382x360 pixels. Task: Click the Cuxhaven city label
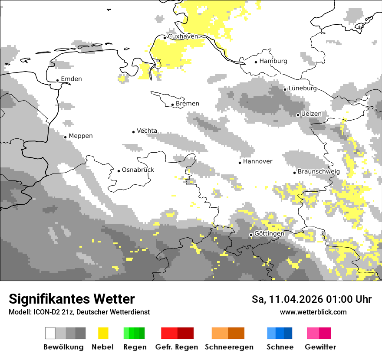(183, 36)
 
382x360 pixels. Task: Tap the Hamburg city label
(273, 61)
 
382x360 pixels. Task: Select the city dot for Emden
(57, 80)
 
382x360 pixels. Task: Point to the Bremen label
(188, 104)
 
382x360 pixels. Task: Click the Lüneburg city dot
(285, 89)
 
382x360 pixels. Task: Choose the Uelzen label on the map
(311, 114)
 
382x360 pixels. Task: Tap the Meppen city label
(81, 136)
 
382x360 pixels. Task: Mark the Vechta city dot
(133, 132)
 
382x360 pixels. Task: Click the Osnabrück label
(138, 170)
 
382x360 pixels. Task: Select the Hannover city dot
(240, 163)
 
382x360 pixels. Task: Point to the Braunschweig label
(319, 172)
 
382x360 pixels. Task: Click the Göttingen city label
(269, 234)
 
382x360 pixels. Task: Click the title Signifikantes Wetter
(72, 299)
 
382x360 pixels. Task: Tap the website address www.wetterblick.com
(313, 312)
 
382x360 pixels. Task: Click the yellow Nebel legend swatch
(103, 333)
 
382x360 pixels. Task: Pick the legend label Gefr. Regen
(177, 347)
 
